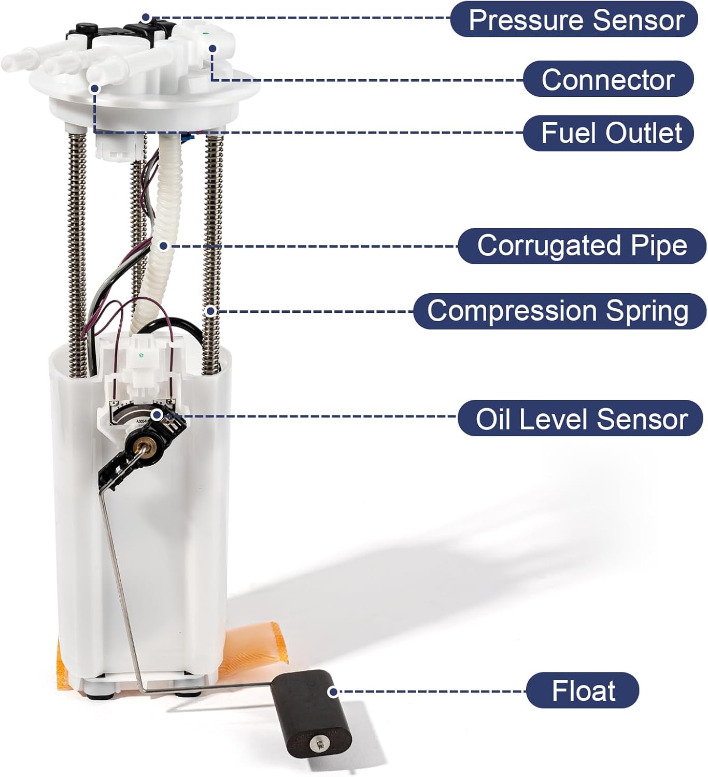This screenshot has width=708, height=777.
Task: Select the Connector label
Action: pyautogui.click(x=607, y=79)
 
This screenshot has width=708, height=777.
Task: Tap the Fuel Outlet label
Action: pyautogui.click(x=611, y=133)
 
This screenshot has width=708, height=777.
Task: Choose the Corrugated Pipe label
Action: pyautogui.click(x=582, y=246)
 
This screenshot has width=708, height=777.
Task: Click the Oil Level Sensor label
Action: pyautogui.click(x=581, y=419)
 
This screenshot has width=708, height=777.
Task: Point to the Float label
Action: pyautogui.click(x=583, y=690)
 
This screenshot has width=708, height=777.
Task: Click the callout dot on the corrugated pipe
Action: pyautogui.click(x=163, y=246)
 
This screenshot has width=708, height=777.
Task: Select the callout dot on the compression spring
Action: pyautogui.click(x=210, y=311)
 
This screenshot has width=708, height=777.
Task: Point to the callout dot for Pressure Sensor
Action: pyautogui.click(x=146, y=18)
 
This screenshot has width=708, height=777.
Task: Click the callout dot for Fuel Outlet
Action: pyautogui.click(x=95, y=89)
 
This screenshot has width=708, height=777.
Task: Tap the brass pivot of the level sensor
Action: pyautogui.click(x=142, y=445)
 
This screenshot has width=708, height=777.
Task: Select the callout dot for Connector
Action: pyautogui.click(x=213, y=48)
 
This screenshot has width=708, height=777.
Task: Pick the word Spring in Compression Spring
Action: pyautogui.click(x=647, y=311)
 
